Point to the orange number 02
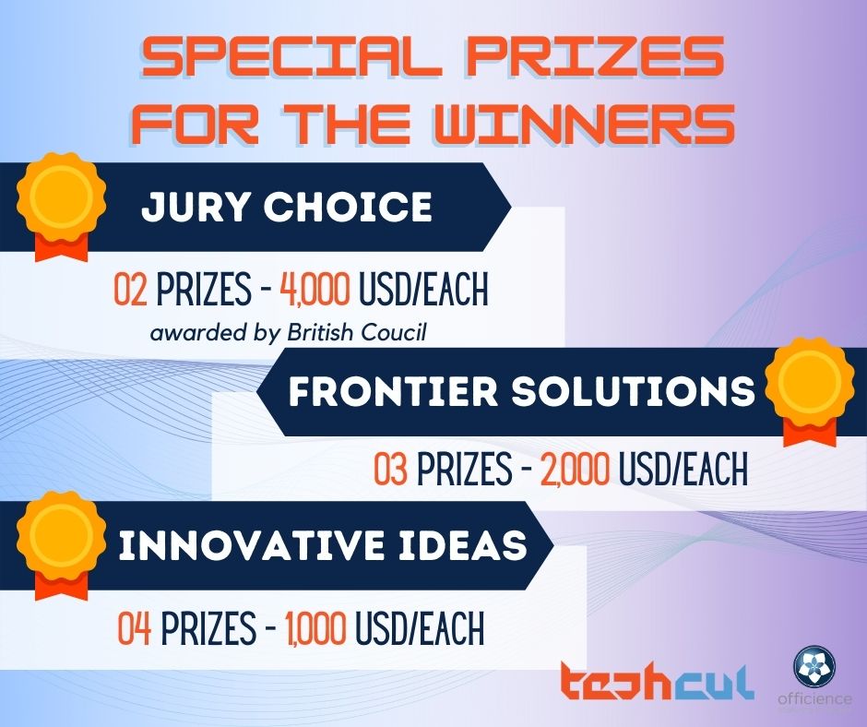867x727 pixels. (x=131, y=290)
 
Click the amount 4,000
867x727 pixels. (x=315, y=290)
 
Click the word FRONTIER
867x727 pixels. (x=393, y=391)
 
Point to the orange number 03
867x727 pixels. (x=391, y=468)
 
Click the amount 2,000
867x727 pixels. (x=575, y=468)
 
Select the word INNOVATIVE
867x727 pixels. (x=251, y=545)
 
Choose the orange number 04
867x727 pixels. (x=135, y=628)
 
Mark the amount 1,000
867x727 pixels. (x=316, y=628)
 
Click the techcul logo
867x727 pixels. (x=657, y=681)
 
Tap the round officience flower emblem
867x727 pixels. (x=814, y=666)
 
